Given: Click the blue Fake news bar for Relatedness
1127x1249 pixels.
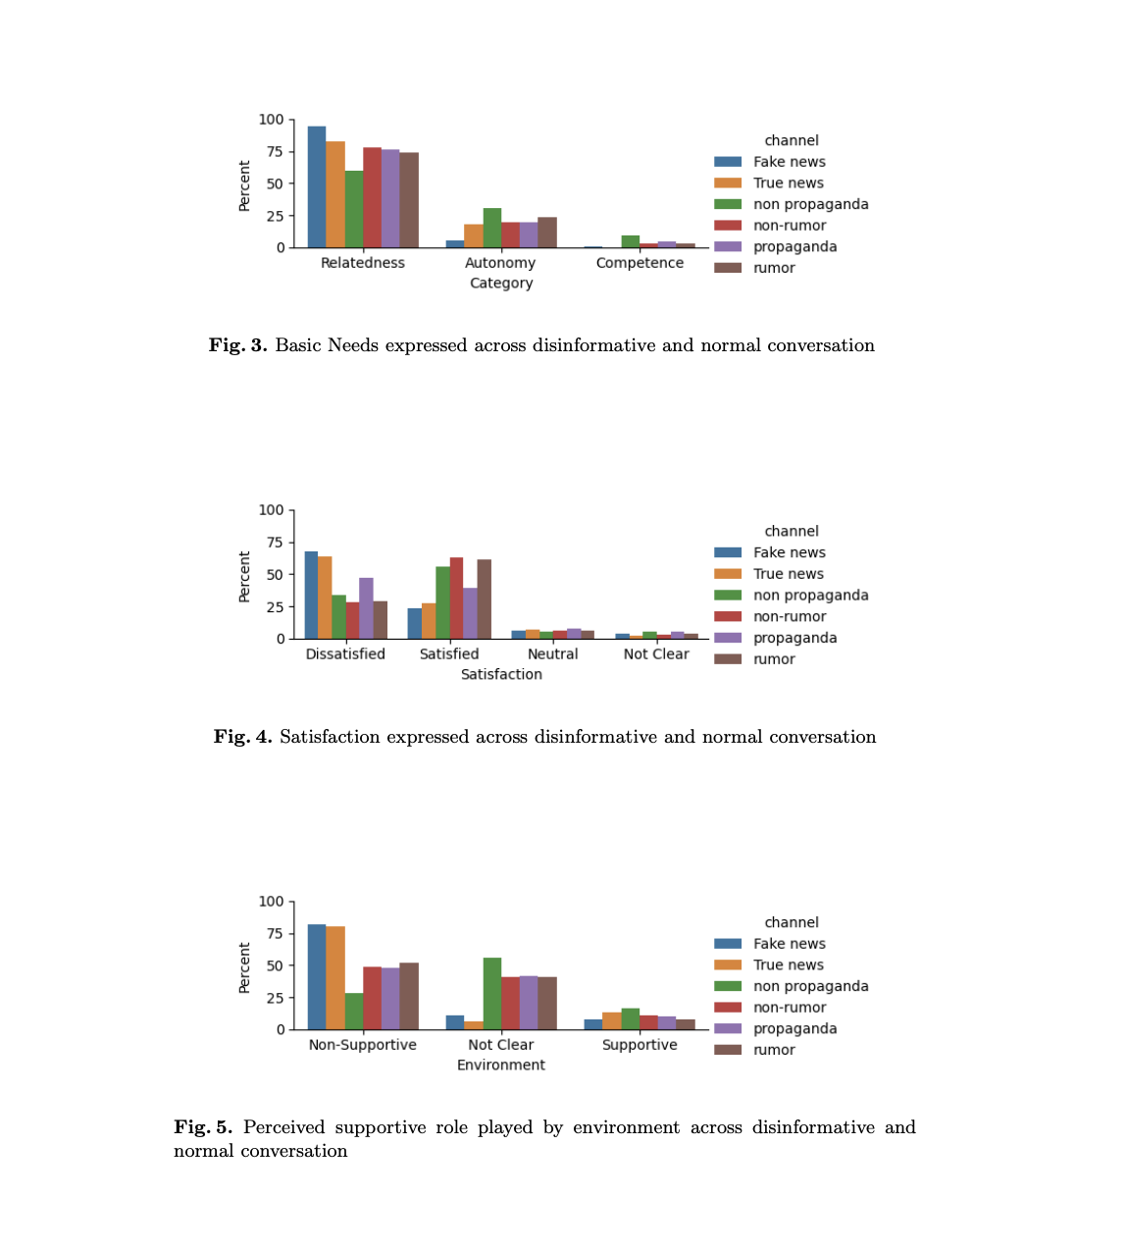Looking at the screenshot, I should click(x=316, y=186).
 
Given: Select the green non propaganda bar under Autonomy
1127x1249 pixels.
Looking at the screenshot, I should click(x=491, y=228).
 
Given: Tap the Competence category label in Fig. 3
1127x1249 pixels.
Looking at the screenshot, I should click(x=640, y=263).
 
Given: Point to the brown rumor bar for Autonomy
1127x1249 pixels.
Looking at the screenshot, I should click(x=546, y=233).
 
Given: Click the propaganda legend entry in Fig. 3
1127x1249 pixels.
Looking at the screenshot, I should click(x=794, y=246).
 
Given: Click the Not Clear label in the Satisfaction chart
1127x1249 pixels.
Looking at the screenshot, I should click(x=656, y=654).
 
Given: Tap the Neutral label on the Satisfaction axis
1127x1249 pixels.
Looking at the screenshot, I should click(x=552, y=654).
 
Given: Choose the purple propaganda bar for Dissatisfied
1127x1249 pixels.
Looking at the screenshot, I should click(x=366, y=608).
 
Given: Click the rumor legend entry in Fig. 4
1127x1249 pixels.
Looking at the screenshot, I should click(x=774, y=659).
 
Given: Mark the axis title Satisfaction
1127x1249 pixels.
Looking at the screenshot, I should click(x=501, y=674).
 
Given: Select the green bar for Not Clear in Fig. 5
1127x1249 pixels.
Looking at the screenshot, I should click(x=491, y=994).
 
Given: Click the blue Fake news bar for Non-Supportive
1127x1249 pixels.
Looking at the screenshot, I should click(x=316, y=977).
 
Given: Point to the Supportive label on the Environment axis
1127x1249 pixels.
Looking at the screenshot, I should click(x=640, y=1045).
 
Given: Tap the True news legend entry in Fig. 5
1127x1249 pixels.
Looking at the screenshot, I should click(x=788, y=965).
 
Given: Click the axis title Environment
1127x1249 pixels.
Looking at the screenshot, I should click(x=500, y=1065).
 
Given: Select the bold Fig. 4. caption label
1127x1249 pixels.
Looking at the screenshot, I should click(x=242, y=737).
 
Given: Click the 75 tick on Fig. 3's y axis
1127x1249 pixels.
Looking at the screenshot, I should click(x=273, y=152).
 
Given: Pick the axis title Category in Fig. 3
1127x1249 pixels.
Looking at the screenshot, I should click(x=500, y=283).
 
